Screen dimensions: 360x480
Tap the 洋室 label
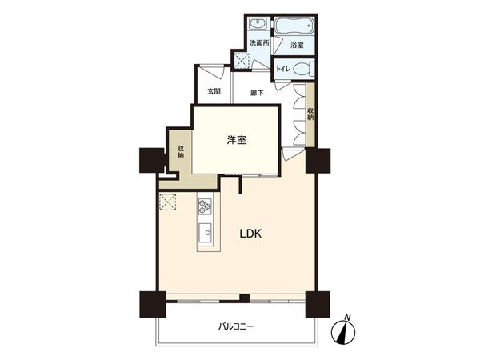pyautogui.click(x=235, y=140)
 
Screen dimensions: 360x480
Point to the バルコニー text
pyautogui.click(x=237, y=326)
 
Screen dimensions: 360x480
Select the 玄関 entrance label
pyautogui.click(x=214, y=92)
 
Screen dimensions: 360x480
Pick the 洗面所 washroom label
pyautogui.click(x=259, y=42)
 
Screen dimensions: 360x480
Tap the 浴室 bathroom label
pyautogui.click(x=297, y=46)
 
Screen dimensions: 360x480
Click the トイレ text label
pyautogui.click(x=282, y=69)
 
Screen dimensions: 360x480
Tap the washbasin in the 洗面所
pyautogui.click(x=258, y=24)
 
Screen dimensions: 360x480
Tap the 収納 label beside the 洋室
pyautogui.click(x=182, y=151)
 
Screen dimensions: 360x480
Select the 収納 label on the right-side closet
pyautogui.click(x=310, y=111)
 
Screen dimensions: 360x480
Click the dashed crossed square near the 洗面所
pyautogui.click(x=240, y=58)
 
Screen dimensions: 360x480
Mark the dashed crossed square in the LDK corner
pyautogui.click(x=169, y=202)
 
